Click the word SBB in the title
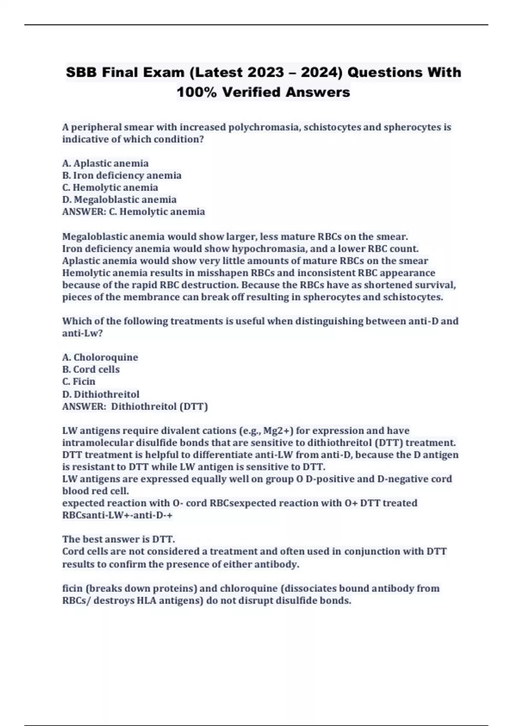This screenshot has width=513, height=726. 82,73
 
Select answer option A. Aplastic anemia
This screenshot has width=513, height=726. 106,163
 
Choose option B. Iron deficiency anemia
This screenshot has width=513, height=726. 122,175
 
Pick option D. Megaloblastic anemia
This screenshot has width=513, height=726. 119,199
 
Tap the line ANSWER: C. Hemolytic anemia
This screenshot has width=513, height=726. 133,212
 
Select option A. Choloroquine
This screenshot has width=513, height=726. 100,357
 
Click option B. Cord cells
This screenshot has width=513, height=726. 91,369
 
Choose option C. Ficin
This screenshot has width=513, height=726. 79,381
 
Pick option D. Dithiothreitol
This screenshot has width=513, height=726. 101,394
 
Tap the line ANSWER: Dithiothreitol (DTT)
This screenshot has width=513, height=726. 135,406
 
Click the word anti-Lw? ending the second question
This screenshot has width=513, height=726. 83,333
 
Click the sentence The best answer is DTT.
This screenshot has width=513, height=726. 119,539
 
